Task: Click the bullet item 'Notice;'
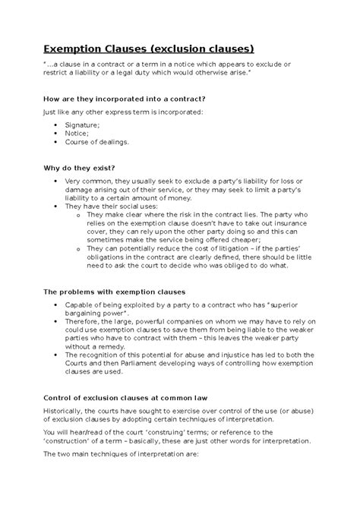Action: (x=78, y=132)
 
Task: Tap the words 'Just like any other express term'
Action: (x=94, y=112)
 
